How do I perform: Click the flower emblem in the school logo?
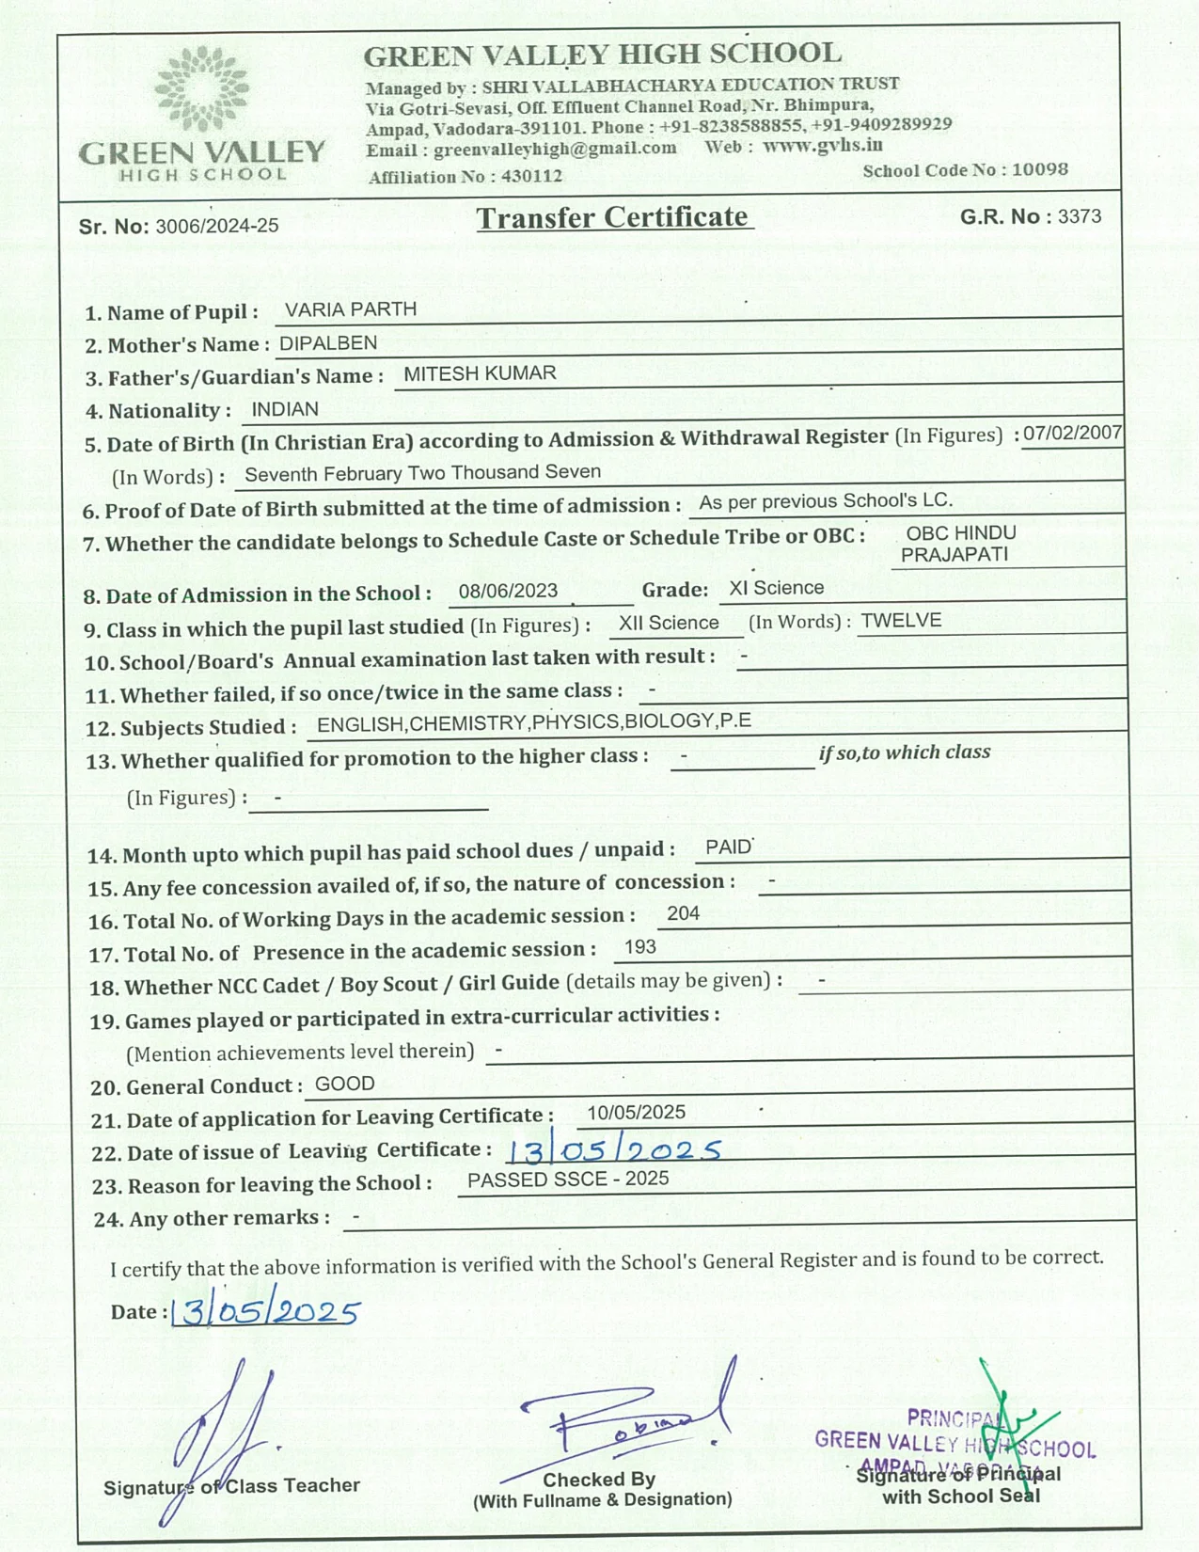click(x=202, y=89)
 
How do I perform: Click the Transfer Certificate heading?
click(x=612, y=217)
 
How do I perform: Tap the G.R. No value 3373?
click(x=1079, y=216)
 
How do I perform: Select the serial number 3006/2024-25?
click(x=217, y=226)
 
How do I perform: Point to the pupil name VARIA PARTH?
click(x=351, y=309)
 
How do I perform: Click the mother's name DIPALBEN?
click(x=328, y=343)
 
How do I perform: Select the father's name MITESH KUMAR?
click(x=480, y=373)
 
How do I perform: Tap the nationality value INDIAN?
click(x=285, y=409)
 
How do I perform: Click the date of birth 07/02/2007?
click(x=1072, y=433)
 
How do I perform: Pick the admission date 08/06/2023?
click(x=509, y=590)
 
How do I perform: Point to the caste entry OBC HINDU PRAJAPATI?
click(x=957, y=544)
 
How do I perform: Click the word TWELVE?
click(x=901, y=621)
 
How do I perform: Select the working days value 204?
click(x=683, y=913)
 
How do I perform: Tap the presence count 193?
click(x=639, y=947)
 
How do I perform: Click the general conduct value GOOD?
click(x=345, y=1084)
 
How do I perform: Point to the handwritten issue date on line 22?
click(x=614, y=1150)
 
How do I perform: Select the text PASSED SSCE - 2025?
click(x=568, y=1180)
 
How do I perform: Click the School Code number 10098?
click(x=1040, y=169)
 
